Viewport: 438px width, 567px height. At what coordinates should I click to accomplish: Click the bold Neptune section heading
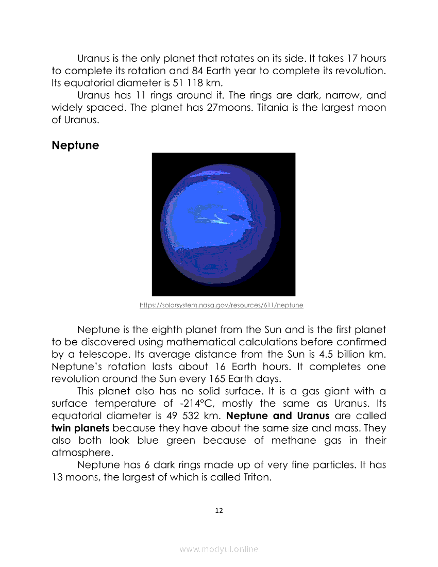(75, 145)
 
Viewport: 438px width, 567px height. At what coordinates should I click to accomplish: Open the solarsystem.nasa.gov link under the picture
(222, 305)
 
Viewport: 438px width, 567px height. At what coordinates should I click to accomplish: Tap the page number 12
(219, 510)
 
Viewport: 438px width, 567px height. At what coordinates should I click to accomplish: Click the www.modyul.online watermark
(219, 549)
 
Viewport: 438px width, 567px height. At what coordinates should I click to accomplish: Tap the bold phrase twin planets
(80, 428)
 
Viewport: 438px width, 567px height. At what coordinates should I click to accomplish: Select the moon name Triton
(256, 477)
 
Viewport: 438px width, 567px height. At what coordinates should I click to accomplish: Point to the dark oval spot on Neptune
(237, 218)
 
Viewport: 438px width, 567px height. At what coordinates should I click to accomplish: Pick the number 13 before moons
(59, 477)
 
